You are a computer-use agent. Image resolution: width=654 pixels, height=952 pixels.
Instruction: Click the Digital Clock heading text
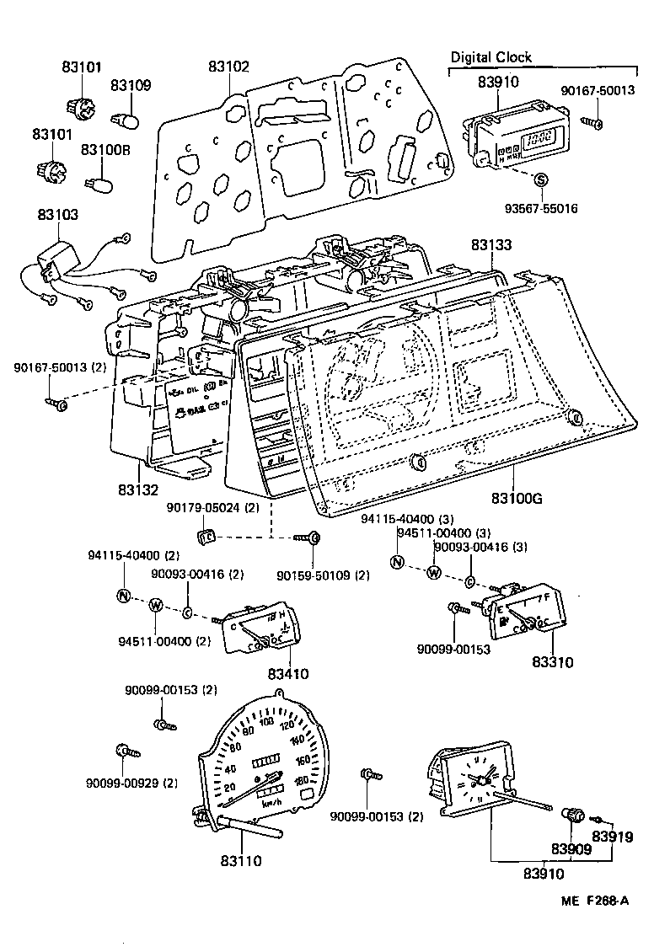pos(490,57)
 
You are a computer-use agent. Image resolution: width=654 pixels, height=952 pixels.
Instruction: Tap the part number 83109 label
pos(131,85)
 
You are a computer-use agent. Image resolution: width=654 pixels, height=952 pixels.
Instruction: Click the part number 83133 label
pos(491,244)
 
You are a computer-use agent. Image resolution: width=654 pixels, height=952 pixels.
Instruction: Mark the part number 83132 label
pos(139,488)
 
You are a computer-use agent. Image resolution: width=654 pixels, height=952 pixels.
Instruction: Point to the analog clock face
pos(478,784)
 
